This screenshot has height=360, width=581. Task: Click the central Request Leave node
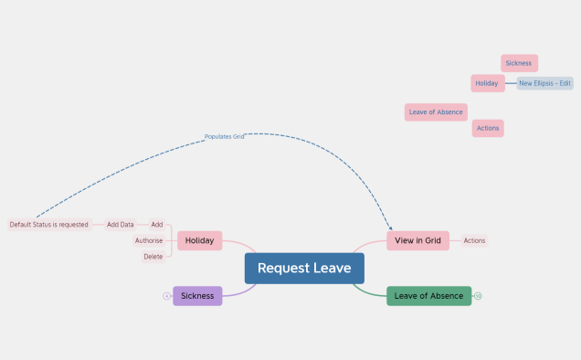(304, 268)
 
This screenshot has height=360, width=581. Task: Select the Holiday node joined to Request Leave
(199, 240)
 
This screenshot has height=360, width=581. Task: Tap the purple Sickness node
(197, 295)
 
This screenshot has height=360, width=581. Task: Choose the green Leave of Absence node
(428, 295)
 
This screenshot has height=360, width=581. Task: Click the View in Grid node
(417, 240)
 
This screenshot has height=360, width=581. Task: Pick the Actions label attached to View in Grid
(474, 240)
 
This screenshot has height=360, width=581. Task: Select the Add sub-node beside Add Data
(157, 224)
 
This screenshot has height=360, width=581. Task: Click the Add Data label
(120, 224)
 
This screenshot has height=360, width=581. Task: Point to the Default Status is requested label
(49, 224)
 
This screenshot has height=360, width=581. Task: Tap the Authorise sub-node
(149, 240)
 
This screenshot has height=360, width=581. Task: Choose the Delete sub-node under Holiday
(153, 257)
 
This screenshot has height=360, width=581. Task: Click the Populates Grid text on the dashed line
(224, 136)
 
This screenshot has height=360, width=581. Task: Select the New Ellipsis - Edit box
(544, 83)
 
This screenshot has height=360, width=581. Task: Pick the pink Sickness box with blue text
(519, 63)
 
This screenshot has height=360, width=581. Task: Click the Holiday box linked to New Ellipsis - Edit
(487, 83)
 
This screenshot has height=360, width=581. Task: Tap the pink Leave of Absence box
(436, 111)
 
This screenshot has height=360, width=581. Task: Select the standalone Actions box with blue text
(488, 128)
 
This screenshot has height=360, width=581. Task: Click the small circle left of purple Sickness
(166, 295)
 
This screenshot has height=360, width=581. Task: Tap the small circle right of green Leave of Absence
(478, 295)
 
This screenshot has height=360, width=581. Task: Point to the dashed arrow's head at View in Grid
(390, 228)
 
